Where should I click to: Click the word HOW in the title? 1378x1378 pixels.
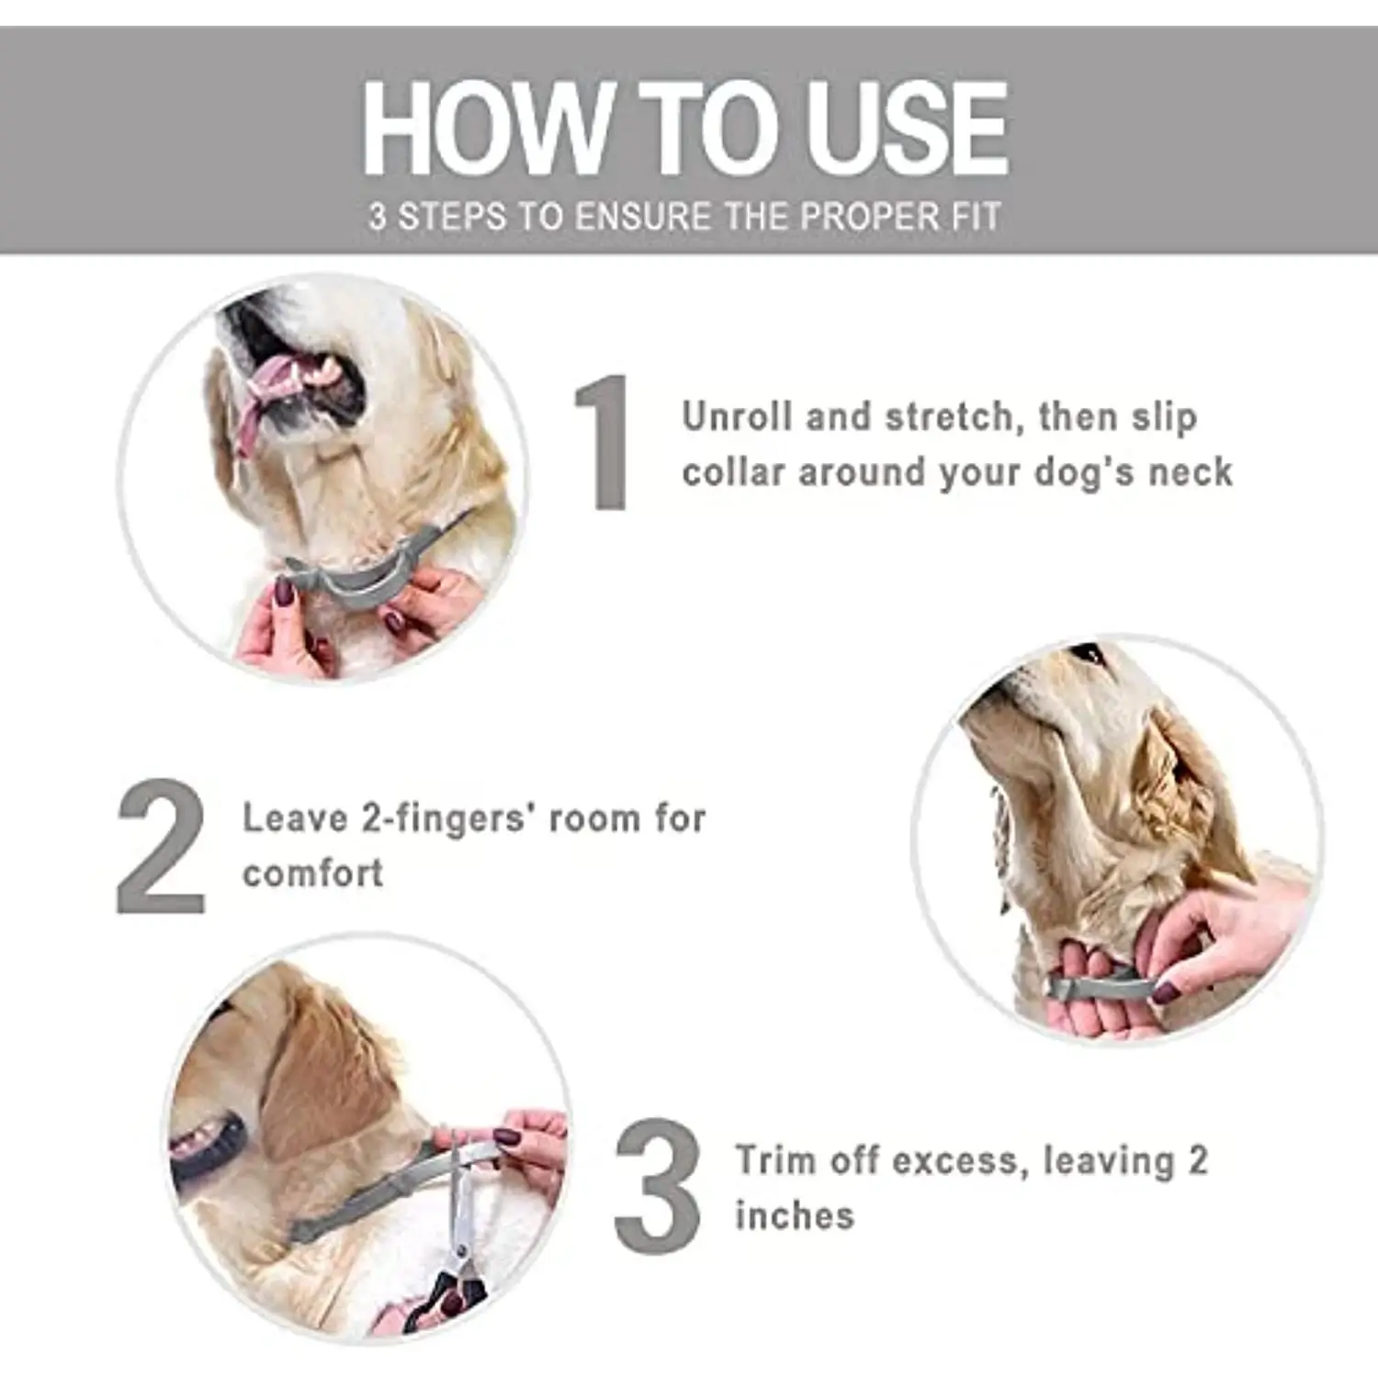tap(487, 128)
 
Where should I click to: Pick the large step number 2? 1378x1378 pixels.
tap(161, 846)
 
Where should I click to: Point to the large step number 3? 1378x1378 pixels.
tap(658, 1186)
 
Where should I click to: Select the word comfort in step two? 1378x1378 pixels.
tap(312, 873)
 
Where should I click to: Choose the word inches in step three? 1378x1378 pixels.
tap(795, 1215)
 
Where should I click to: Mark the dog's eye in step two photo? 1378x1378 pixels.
tap(1090, 656)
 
